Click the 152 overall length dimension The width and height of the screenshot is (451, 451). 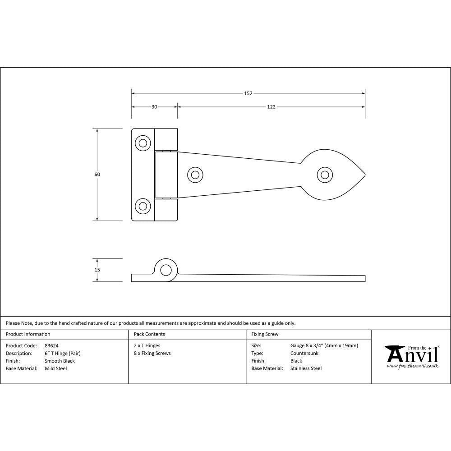pos(248,93)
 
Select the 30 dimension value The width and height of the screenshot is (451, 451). pos(154,107)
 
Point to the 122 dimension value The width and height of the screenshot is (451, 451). pos(271,107)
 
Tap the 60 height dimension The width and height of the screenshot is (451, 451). pos(97,175)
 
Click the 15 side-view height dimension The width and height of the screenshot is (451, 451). pos(97,270)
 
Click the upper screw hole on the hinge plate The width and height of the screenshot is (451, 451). pos(143,143)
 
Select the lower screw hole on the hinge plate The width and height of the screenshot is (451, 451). pos(143,206)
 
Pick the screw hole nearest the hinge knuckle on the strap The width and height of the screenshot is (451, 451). pos(195,175)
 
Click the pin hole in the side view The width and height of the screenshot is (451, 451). pos(166,270)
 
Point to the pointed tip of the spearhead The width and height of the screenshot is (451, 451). pos(364,175)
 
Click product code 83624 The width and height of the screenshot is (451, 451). pos(52,346)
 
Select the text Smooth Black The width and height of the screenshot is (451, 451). pos(60,361)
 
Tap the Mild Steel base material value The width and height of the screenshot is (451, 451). pos(56,368)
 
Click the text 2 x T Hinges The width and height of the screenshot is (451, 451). pos(147,346)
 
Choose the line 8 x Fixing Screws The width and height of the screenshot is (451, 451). pos(152,354)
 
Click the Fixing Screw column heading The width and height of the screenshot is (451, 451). pos(265,334)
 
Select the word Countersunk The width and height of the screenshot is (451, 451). pos(304,354)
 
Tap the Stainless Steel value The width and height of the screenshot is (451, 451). pos(306,368)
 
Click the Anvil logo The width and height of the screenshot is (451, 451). pos(412,356)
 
